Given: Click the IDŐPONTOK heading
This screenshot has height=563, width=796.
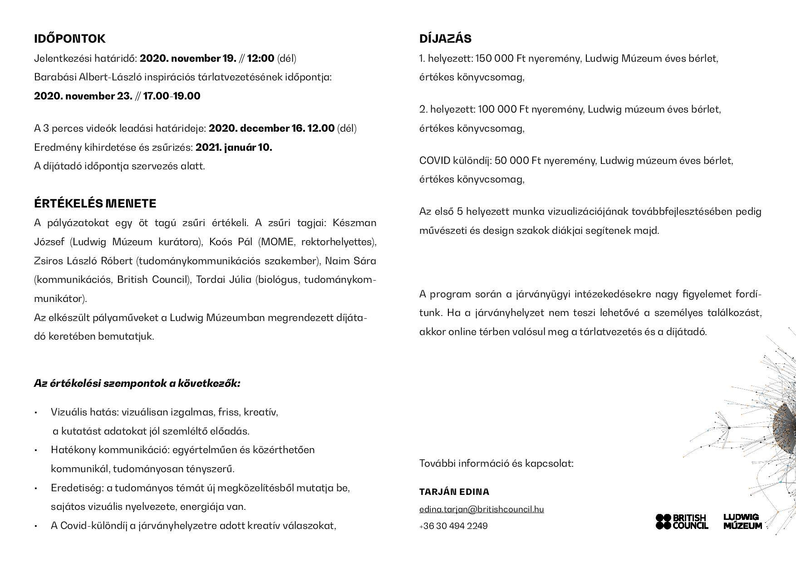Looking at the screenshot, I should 69,39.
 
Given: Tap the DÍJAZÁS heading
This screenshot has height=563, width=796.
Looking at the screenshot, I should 445,39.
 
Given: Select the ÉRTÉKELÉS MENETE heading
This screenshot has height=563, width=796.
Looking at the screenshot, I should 95,203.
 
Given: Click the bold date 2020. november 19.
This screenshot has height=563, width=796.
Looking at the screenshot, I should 188,59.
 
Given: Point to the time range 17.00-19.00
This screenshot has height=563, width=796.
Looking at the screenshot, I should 172,96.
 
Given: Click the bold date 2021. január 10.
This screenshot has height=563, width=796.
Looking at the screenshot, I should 234,147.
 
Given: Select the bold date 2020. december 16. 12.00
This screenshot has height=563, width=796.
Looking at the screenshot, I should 271,128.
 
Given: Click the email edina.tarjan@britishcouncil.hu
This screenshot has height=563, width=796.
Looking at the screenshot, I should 482,509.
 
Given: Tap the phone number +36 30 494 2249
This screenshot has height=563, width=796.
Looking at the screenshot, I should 453,526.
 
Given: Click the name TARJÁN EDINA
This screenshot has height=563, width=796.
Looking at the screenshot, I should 454,492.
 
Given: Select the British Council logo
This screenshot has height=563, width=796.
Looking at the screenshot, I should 682,521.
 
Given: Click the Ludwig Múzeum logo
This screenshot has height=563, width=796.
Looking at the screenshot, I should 742,521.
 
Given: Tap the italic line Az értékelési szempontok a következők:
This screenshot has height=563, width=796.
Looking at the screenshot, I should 137,383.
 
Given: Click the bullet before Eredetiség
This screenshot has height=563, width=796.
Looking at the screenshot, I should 35,488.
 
